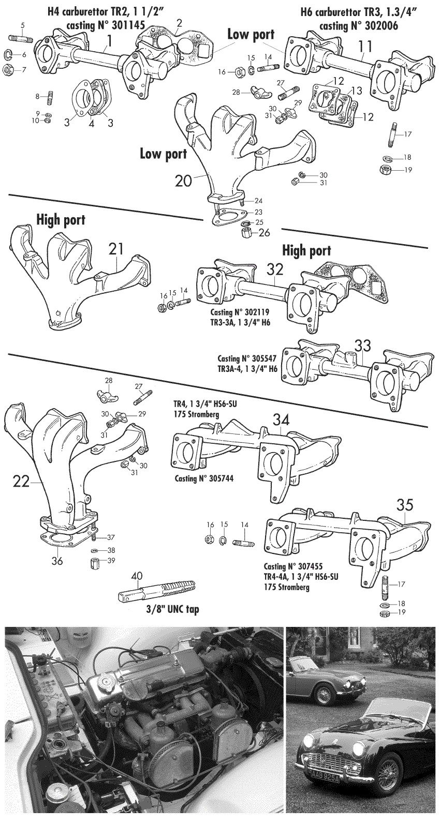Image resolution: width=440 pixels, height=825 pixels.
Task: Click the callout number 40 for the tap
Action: (136, 575)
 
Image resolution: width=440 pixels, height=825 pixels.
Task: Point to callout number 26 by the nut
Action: (264, 232)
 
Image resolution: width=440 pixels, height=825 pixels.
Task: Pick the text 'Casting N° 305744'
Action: (203, 479)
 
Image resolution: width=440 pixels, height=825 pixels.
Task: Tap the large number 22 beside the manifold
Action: (22, 481)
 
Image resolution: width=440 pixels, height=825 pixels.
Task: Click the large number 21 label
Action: (117, 249)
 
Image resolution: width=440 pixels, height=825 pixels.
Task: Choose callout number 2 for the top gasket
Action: (179, 23)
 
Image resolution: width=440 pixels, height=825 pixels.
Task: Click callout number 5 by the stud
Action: (22, 25)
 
